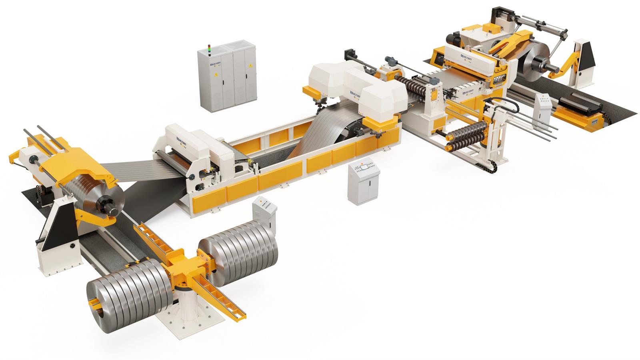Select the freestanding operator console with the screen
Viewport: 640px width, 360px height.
(x=363, y=182)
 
